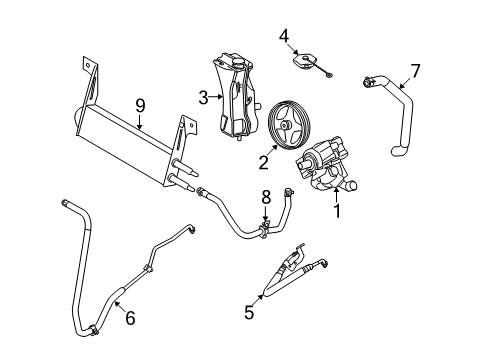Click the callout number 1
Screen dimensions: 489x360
pos(337,211)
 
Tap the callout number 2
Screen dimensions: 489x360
pos(264,162)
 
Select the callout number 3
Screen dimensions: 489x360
pos(203,98)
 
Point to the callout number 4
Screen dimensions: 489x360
pos(284,36)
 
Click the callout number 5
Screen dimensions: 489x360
pos(249,312)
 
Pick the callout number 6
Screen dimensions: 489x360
pos(130,318)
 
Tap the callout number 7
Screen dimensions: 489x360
pos(415,71)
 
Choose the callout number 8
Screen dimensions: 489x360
pos(266,197)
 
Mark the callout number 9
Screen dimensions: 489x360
pos(140,106)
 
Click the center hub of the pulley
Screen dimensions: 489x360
pos(285,125)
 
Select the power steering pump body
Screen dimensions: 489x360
pos(327,164)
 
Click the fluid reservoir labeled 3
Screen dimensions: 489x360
pos(235,95)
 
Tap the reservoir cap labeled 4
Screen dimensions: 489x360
pos(304,62)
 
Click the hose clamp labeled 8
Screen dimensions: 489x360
pos(265,229)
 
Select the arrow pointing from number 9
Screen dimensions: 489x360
pos(140,122)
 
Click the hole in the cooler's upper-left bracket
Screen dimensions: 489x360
pos(88,65)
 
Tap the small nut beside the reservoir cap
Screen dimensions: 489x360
pos(329,76)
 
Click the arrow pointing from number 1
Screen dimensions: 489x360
pos(336,195)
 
